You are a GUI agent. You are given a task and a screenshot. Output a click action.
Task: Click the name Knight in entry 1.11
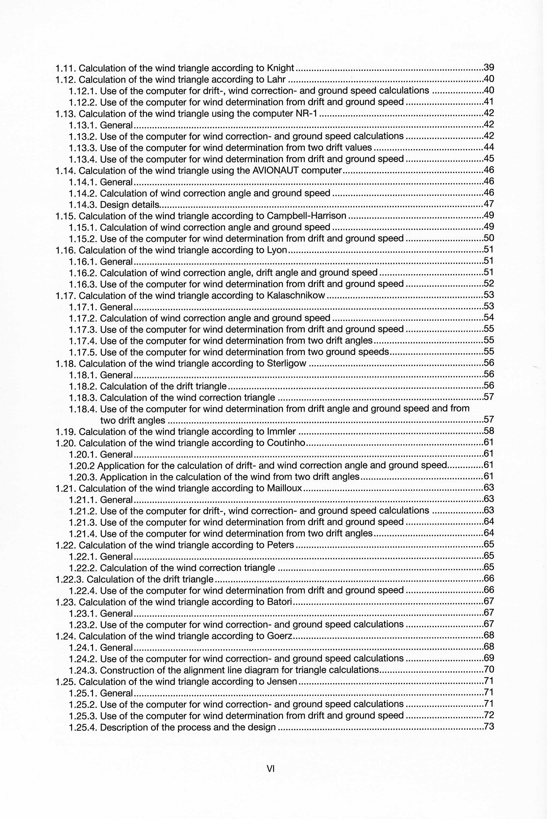[280, 68]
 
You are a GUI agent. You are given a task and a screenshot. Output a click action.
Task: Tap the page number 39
[489, 68]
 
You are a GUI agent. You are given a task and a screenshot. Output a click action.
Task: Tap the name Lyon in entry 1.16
[277, 250]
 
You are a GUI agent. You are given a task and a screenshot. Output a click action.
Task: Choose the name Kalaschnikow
[296, 295]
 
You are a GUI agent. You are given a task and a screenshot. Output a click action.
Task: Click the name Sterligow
[286, 364]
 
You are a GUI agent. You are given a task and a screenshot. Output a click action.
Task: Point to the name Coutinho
[286, 443]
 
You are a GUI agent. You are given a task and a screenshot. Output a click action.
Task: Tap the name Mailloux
[284, 489]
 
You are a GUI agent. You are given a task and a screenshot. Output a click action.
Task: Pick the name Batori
[279, 602]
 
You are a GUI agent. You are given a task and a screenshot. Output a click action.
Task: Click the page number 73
[489, 727]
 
